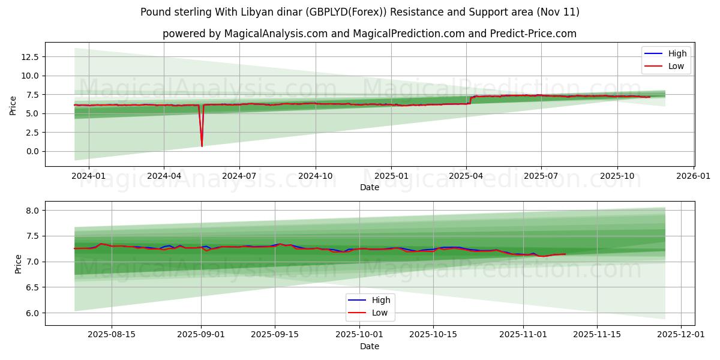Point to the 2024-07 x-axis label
pos(239,176)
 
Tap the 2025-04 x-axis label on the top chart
pos(466,176)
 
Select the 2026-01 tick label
pos(694,176)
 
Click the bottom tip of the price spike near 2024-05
pos(202,146)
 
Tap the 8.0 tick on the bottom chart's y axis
pos(32,211)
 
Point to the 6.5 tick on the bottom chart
pos(32,287)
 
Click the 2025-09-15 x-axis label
pos(275,335)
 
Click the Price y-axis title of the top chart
pos(13,104)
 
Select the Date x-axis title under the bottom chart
pos(370,346)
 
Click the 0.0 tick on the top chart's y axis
pos(32,151)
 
